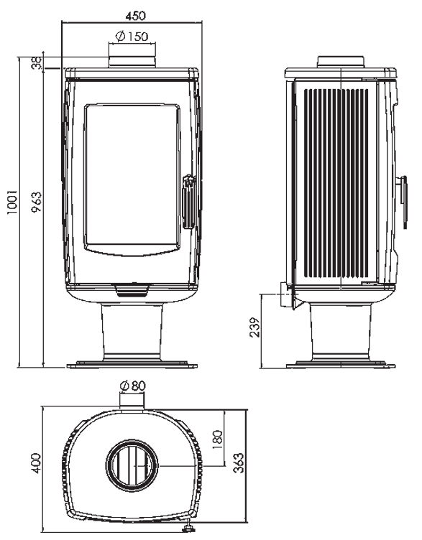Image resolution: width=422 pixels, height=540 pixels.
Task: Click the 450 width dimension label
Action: [x=135, y=16]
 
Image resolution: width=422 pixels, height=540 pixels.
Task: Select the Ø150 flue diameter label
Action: [x=132, y=36]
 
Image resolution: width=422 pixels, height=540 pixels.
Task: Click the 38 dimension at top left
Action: [x=37, y=62]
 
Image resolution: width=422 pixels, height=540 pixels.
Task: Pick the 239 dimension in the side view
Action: [x=254, y=327]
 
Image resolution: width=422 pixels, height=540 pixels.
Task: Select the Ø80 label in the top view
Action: [x=133, y=385]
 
